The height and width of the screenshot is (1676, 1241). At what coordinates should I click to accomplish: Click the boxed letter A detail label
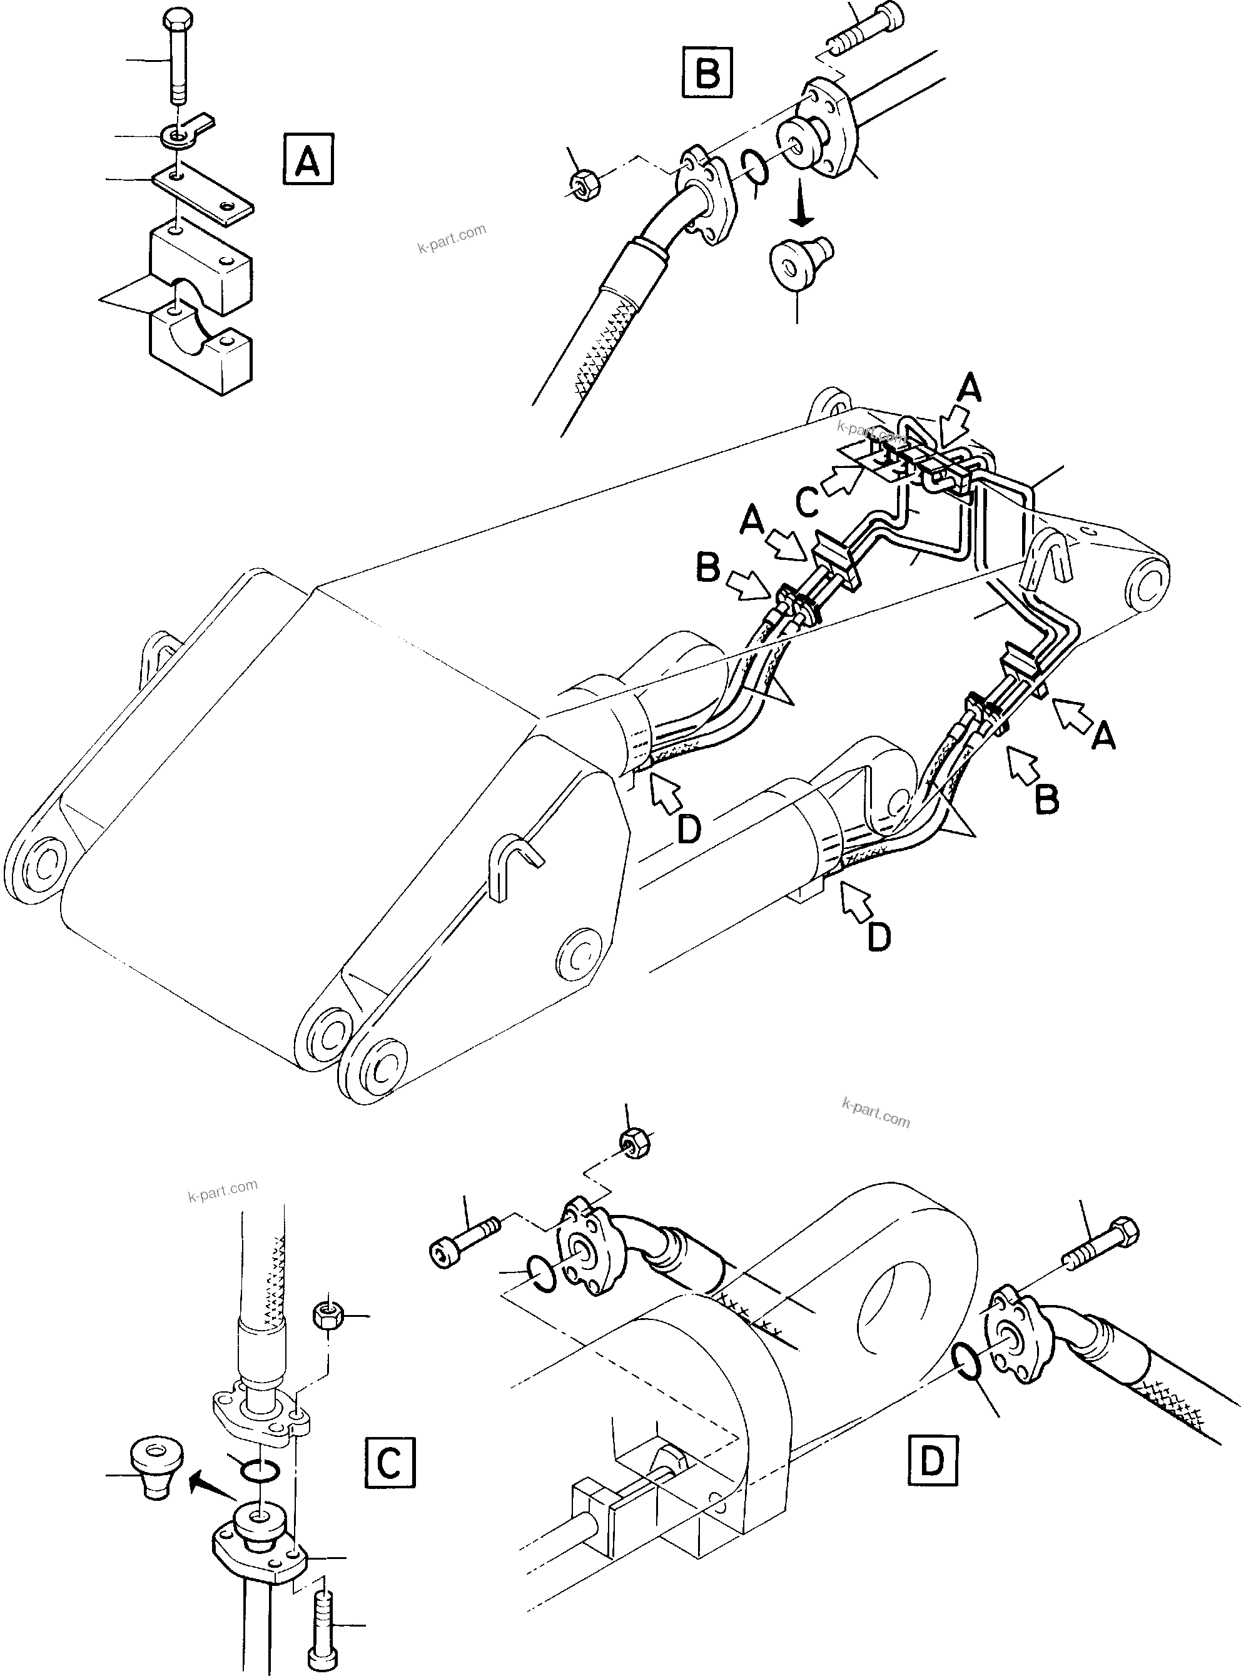coord(308,158)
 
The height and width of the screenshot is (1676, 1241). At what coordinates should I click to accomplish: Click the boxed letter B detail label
coord(707,72)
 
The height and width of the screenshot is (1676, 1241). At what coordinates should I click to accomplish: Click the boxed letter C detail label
coord(390,1463)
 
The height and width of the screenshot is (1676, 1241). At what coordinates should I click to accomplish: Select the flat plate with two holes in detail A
coord(202,197)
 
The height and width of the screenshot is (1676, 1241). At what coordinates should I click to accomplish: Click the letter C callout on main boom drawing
coord(807,504)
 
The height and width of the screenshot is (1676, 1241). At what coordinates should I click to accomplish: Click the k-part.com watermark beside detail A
coord(452,238)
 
